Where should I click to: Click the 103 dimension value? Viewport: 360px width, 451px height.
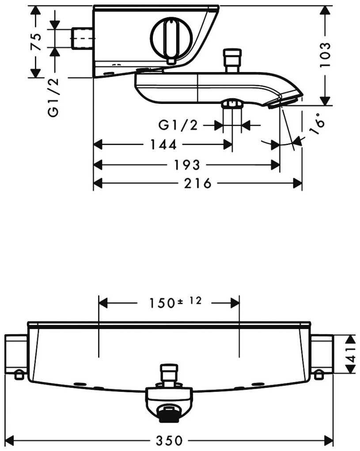pyautogui.click(x=325, y=55)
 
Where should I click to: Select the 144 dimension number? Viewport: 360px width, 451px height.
pyautogui.click(x=163, y=145)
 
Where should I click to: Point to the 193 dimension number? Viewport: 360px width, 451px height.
pyautogui.click(x=187, y=165)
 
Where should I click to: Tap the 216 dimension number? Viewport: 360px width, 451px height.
pyautogui.click(x=198, y=183)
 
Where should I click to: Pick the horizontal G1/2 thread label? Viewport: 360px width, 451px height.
pyautogui.click(x=178, y=126)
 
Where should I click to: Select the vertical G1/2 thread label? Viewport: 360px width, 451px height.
pyautogui.click(x=54, y=97)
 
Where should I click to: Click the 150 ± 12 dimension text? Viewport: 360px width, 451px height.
pyautogui.click(x=175, y=302)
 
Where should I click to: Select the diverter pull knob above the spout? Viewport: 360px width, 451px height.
pyautogui.click(x=233, y=61)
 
